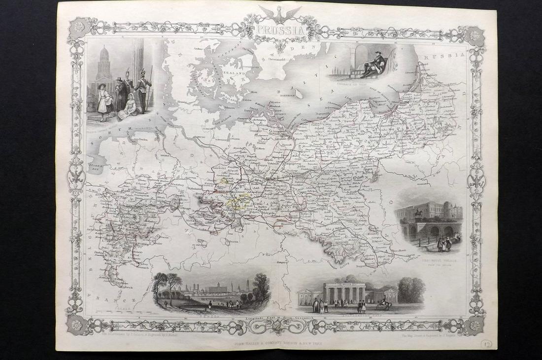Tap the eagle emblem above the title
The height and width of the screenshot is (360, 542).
click(280, 12)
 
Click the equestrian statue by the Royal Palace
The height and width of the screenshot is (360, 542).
click(417, 215)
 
